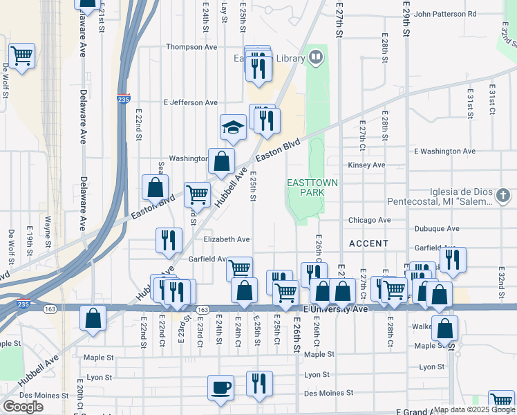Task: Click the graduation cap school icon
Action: (234, 127)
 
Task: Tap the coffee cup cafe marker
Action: (221, 388)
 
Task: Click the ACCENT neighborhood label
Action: (368, 244)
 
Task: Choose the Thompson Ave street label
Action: (191, 47)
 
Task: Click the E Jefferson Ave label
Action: (190, 102)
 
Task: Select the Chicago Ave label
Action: (370, 221)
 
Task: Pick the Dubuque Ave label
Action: (437, 228)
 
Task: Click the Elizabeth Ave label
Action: (227, 239)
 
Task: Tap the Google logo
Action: (23, 407)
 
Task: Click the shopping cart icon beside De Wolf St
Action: (21, 55)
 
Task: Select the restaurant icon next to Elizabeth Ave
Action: (169, 241)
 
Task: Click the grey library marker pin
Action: (316, 57)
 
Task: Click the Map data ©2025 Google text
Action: (474, 409)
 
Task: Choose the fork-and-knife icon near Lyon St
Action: (259, 383)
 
